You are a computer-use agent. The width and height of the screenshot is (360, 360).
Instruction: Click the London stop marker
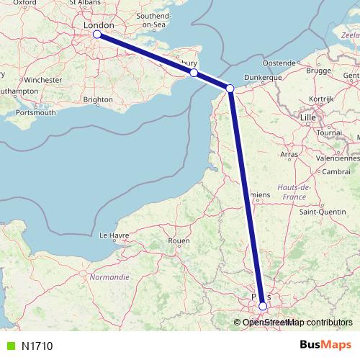[97, 34]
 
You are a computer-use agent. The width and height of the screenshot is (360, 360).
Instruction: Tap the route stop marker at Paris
[263, 306]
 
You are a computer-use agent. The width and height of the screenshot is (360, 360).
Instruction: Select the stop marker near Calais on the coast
[230, 89]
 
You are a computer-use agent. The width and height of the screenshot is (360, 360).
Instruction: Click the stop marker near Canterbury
[194, 73]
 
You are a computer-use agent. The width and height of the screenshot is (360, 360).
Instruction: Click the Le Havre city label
[113, 235]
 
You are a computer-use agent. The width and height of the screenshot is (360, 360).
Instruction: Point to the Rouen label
[178, 240]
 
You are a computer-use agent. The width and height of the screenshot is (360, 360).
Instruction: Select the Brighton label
[99, 99]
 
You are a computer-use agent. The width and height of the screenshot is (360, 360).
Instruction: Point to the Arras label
[289, 154]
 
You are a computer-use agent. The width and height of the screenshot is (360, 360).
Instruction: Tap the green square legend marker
[9, 346]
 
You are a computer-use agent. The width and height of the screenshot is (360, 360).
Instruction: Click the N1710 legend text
[37, 346]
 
